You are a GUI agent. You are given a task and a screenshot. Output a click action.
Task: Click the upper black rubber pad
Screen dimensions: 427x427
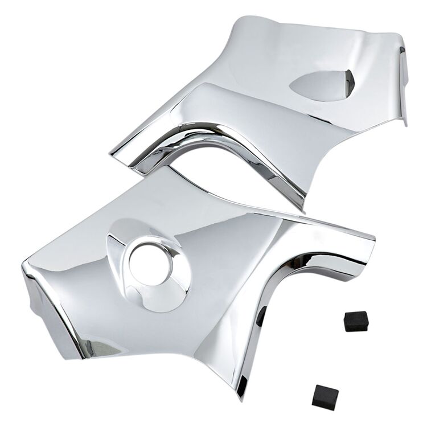356,322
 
